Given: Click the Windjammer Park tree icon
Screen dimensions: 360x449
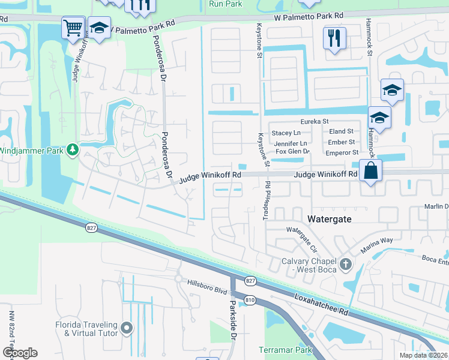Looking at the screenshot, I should [x=73, y=148].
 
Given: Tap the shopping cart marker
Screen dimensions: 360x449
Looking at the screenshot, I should [x=73, y=27].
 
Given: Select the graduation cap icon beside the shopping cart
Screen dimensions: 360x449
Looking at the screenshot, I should [x=99, y=27].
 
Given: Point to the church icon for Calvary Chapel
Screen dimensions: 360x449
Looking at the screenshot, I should [x=345, y=264].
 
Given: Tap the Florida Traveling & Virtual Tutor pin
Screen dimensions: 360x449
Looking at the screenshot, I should [x=126, y=328].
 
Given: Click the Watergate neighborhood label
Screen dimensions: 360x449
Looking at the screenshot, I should [x=329, y=220].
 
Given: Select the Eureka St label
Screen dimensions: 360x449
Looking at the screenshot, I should [x=315, y=121].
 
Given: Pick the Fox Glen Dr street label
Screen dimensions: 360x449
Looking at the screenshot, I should [x=292, y=152].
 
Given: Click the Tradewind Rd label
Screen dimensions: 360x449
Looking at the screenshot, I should [x=268, y=201].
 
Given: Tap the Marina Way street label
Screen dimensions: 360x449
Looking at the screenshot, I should [x=376, y=241].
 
